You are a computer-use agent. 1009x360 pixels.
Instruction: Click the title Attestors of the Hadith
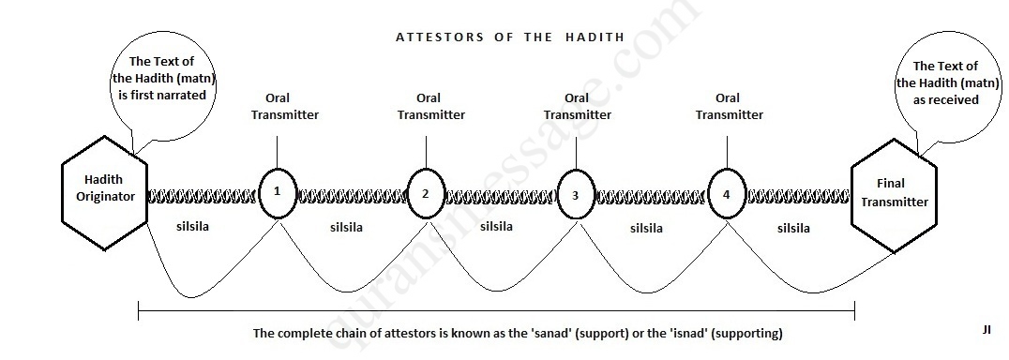pyautogui.click(x=510, y=37)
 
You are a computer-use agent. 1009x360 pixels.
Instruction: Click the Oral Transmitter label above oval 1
pyautogui.click(x=284, y=107)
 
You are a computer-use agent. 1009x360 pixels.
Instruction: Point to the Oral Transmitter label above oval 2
pyautogui.click(x=430, y=107)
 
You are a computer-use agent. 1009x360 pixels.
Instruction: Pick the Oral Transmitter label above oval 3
pyautogui.click(x=578, y=107)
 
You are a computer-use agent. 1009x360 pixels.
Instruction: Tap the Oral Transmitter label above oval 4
pyautogui.click(x=729, y=107)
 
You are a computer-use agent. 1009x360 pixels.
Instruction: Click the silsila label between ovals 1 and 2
pyautogui.click(x=346, y=228)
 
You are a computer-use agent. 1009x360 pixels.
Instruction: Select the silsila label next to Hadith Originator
pyautogui.click(x=192, y=226)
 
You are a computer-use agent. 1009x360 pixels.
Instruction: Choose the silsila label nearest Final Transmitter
pyautogui.click(x=793, y=228)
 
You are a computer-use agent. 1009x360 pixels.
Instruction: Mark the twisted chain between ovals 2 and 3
pyautogui.click(x=501, y=196)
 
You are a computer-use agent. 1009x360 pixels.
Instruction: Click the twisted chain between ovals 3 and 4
pyautogui.click(x=651, y=196)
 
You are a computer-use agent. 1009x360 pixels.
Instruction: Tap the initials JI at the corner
pyautogui.click(x=986, y=330)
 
